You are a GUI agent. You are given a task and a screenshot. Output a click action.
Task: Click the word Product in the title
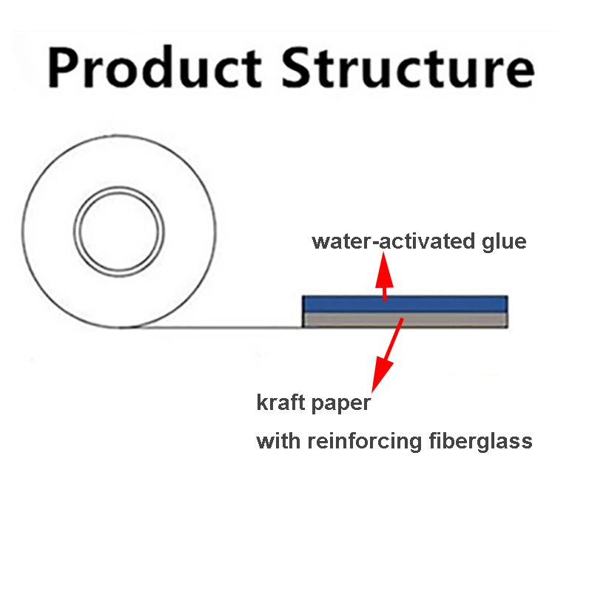point(155,67)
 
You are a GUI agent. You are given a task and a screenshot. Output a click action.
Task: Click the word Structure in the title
point(408,67)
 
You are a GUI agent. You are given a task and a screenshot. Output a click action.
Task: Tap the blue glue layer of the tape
point(405,304)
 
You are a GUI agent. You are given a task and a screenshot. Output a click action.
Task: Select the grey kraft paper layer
point(405,320)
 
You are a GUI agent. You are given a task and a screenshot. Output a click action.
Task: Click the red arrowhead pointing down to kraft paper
point(382,374)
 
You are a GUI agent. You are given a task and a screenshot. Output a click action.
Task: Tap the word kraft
point(280,402)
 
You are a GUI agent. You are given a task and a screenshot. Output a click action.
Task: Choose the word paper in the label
point(341,404)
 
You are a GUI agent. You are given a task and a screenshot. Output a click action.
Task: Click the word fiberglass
point(480,440)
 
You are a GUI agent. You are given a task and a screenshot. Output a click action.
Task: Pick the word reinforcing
point(364,442)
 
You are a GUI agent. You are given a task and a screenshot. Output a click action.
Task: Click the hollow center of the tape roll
point(119,230)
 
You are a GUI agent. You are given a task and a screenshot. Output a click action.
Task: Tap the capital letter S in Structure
point(297,67)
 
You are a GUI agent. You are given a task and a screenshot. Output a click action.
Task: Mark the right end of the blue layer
point(507,304)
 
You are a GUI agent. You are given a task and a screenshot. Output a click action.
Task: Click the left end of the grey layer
point(303,320)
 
